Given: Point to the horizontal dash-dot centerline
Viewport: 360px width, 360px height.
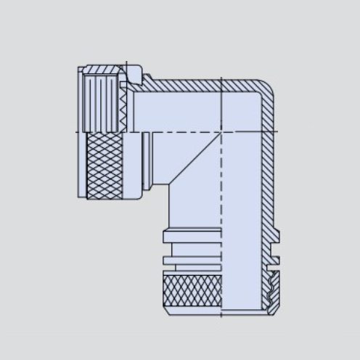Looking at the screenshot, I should click(x=181, y=132).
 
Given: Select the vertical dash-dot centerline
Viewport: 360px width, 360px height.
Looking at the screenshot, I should click(x=221, y=218).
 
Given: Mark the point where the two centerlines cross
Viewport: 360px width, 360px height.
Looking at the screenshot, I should click(x=221, y=132).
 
